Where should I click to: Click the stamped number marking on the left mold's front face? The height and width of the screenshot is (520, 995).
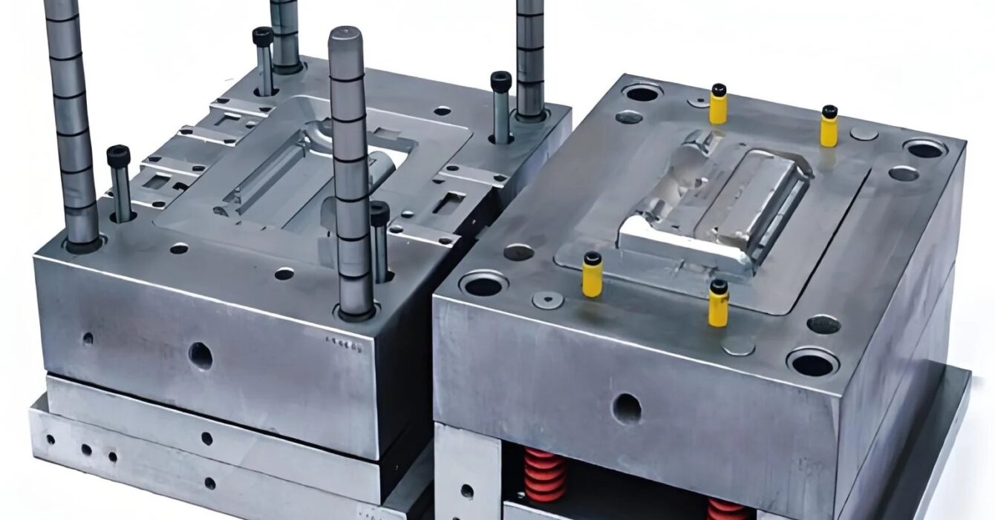(342, 343)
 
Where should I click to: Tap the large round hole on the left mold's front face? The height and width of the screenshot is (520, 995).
(200, 356)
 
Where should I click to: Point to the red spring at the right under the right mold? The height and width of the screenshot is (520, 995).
(726, 509)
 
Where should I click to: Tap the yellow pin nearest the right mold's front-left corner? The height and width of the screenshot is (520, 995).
(592, 275)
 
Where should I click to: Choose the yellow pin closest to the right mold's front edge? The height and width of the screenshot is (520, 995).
(718, 303)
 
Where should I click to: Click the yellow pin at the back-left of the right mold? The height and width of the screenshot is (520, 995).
(718, 105)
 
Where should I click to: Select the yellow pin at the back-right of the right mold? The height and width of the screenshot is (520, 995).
(829, 126)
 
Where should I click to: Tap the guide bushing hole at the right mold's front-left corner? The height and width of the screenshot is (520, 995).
(483, 284)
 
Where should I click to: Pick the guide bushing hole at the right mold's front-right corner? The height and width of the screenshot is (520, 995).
(812, 363)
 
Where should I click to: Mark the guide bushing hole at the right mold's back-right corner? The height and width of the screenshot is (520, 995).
(925, 148)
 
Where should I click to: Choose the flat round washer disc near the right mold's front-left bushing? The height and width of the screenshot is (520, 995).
(547, 300)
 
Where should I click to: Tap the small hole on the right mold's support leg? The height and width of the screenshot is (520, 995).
(467, 491)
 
